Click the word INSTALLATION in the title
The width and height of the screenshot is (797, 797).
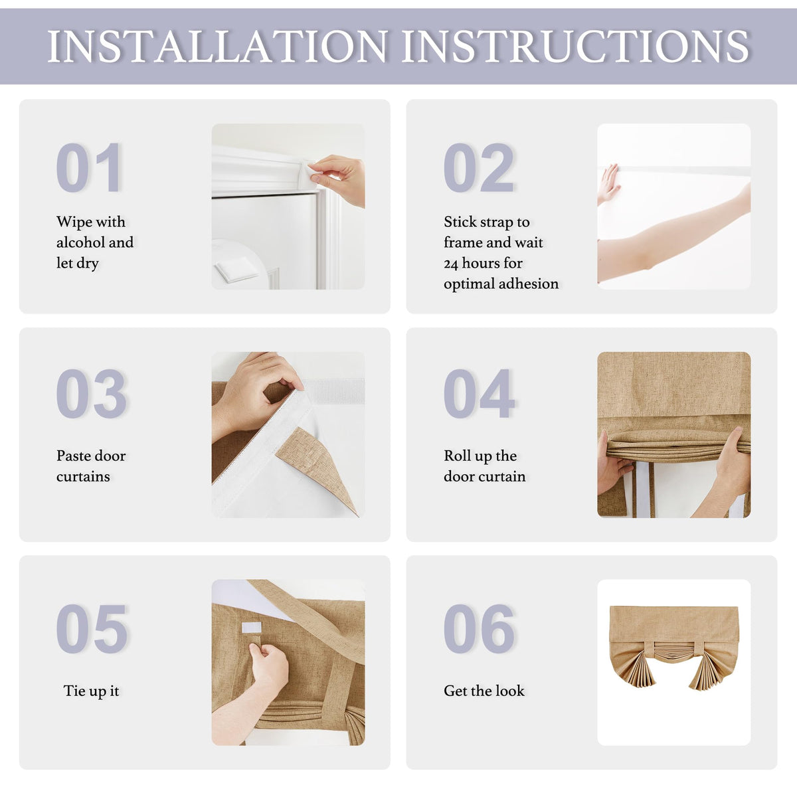coord(218,46)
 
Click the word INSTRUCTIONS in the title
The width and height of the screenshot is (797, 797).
coord(575,46)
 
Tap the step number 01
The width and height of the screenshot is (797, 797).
coord(89,167)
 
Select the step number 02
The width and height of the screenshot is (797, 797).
coord(478,167)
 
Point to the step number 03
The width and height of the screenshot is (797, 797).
coord(91,393)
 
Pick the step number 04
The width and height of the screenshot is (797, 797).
coord(479,393)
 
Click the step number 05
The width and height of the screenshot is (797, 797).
coord(92,628)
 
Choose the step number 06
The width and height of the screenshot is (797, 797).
coord(479,628)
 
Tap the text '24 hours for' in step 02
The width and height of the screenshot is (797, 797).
coord(483,263)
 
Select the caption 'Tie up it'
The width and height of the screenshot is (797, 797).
coord(91,691)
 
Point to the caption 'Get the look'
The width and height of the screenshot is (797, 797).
coord(484,691)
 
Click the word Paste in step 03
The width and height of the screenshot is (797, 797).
coord(73,456)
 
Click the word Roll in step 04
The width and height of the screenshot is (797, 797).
coord(456,456)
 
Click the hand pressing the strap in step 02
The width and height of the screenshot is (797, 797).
coord(608,183)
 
